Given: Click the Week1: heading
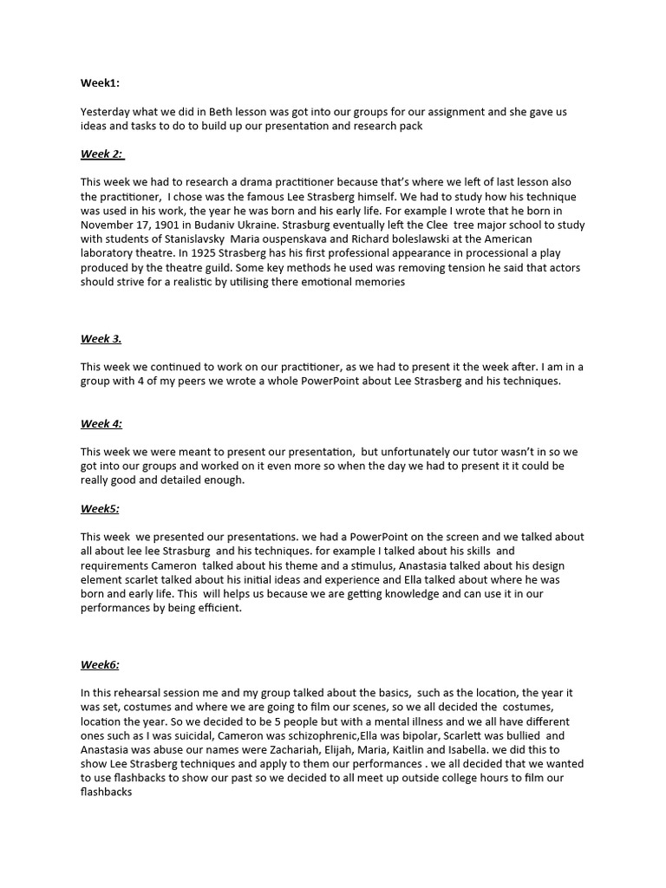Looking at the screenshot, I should [101, 83].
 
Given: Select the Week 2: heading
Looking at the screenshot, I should [101, 153].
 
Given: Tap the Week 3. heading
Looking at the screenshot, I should [101, 338].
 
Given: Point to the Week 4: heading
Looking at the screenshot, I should [101, 423].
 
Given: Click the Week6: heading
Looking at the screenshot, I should [100, 664].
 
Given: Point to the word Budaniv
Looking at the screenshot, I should [231, 225].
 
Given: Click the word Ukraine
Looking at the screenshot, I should [284, 225].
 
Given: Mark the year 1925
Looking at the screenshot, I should [196, 253].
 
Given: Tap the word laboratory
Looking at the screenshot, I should [108, 253].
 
